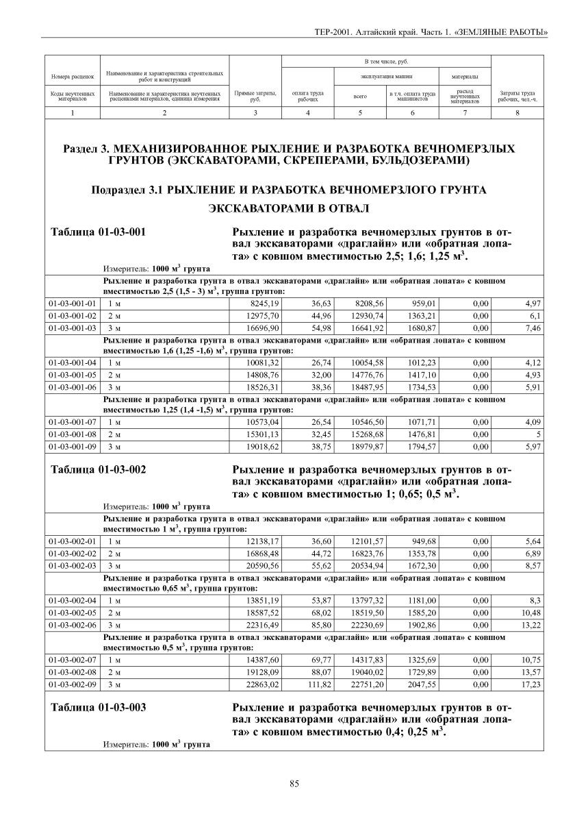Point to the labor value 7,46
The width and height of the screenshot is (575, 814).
(x=532, y=329)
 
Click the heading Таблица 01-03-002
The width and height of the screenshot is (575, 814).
(x=99, y=470)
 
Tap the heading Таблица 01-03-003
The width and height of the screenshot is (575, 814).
(x=99, y=707)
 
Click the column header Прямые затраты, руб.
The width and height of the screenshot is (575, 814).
(x=255, y=96)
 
